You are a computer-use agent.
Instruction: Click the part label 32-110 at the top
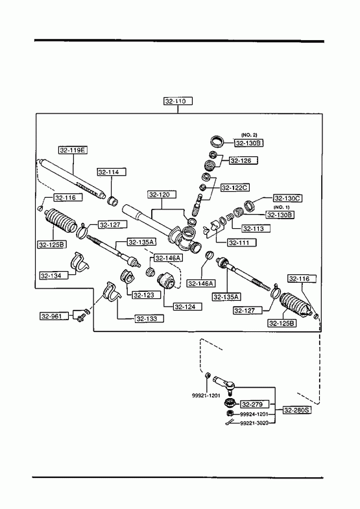[178, 101]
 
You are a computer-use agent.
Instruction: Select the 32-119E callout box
[73, 150]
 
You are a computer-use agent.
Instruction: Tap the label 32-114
[112, 172]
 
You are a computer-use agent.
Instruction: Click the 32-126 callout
[244, 160]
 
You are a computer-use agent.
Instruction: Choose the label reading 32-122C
[235, 187]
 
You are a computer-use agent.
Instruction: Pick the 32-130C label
[287, 198]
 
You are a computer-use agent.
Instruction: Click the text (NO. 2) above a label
[249, 135]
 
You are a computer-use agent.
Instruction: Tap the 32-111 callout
[242, 243]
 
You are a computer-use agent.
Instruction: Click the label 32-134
[54, 276]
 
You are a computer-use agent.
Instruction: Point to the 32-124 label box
[187, 307]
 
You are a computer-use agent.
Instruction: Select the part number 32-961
[54, 316]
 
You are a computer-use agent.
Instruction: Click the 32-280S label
[297, 410]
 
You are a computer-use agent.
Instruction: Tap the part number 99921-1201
[206, 396]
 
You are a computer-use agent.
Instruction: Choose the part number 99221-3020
[254, 423]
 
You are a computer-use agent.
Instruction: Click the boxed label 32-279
[255, 404]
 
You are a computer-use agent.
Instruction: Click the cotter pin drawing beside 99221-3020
[230, 422]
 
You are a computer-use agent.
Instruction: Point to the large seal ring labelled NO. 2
[217, 141]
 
